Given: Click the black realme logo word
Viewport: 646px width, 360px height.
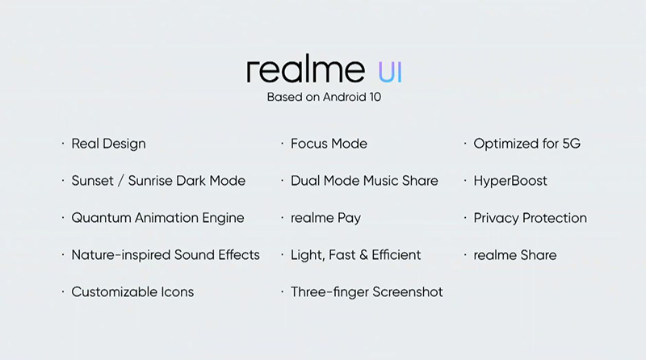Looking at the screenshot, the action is click(306, 70).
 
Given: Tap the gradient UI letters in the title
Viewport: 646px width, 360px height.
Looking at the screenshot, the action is click(390, 73).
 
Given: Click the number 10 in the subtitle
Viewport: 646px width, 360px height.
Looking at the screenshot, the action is click(375, 97).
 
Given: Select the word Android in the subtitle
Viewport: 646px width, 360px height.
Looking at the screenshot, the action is click(345, 97).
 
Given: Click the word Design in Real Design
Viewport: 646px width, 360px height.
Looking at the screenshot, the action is click(124, 144).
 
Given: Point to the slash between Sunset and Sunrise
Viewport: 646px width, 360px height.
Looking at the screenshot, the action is click(120, 181).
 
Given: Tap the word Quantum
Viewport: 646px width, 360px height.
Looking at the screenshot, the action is click(102, 218).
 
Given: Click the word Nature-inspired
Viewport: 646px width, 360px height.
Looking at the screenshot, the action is click(121, 255).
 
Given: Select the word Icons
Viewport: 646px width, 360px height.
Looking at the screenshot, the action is click(177, 292).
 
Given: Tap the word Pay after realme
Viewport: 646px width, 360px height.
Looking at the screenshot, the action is click(349, 218).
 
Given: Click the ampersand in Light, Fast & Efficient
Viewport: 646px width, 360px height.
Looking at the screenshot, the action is click(363, 255).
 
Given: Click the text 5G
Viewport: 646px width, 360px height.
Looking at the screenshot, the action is click(572, 144).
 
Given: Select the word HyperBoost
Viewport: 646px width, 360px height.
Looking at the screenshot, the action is click(510, 182).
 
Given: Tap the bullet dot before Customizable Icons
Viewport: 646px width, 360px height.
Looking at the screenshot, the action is click(63, 292).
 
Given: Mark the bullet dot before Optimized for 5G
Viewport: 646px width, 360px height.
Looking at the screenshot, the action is click(465, 144).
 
